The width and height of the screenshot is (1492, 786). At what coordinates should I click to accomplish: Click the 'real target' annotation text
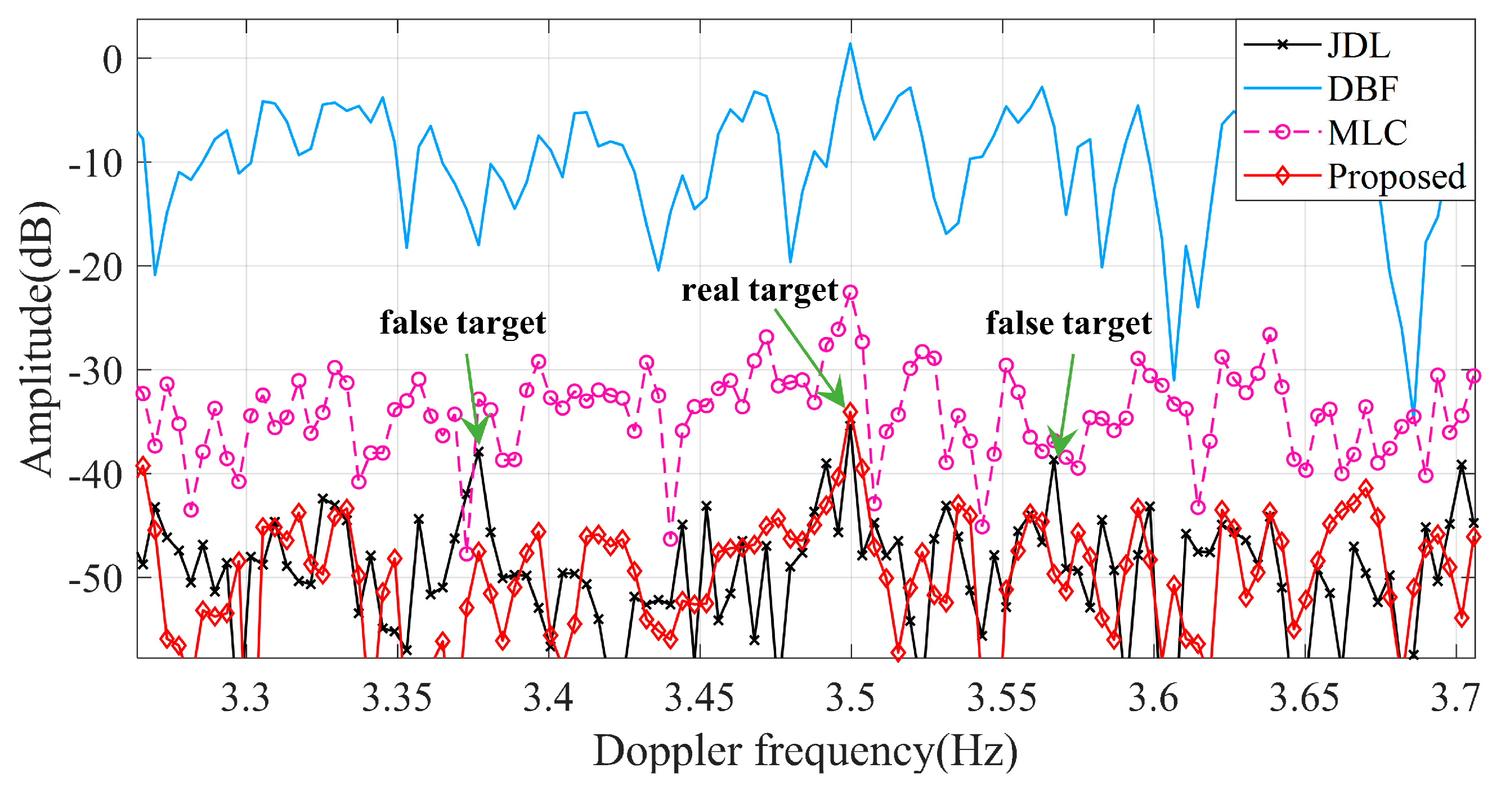[x=759, y=290]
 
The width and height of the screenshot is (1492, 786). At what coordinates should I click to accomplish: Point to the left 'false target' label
[x=462, y=322]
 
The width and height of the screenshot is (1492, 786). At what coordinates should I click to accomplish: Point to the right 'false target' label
[x=1069, y=323]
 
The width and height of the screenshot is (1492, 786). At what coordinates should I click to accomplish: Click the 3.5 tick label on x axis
[x=850, y=698]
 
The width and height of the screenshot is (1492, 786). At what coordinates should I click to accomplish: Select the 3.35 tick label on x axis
[x=397, y=698]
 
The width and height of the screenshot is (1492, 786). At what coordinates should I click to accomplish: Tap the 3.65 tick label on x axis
[x=1305, y=698]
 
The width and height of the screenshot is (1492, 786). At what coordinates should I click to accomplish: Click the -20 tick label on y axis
[x=96, y=268]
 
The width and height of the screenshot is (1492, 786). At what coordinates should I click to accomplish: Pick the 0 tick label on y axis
[x=113, y=60]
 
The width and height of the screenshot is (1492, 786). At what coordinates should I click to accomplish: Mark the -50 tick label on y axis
[x=96, y=579]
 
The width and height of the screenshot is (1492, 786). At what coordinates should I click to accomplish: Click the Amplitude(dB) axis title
[x=37, y=339]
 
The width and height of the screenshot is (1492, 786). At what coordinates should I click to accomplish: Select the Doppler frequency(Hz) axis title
[x=805, y=751]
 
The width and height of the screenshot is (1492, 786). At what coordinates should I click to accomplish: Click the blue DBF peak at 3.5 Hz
[x=850, y=44]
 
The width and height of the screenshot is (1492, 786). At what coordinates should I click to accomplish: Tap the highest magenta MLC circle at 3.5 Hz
[x=850, y=293]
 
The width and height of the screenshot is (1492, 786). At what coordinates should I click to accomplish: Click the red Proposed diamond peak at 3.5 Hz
[x=850, y=412]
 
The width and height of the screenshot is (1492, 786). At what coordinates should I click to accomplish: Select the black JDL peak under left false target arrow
[x=479, y=452]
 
